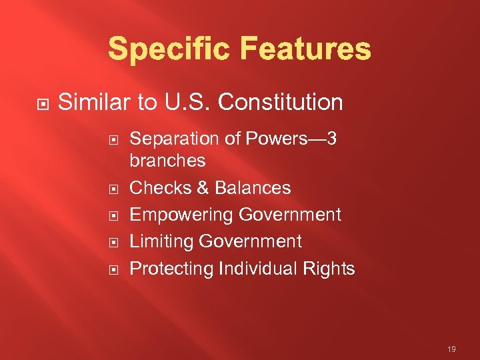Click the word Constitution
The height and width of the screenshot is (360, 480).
281,103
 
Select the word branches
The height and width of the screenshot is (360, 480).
167,161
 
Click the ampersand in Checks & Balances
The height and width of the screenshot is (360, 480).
202,188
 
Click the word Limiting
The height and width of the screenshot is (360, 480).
160,241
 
